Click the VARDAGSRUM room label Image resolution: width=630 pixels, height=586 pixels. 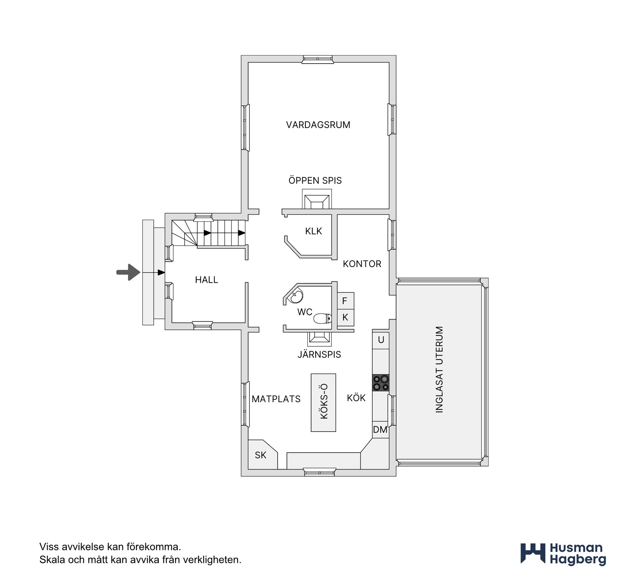318,125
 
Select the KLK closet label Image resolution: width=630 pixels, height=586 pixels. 313,231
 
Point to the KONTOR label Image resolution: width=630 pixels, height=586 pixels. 362,264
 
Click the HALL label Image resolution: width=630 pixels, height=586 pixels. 206,280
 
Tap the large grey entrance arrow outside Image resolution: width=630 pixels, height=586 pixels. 128,272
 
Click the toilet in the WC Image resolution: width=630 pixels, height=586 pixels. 323,318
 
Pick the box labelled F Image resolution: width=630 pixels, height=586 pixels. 346,300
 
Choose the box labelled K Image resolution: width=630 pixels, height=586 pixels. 346,317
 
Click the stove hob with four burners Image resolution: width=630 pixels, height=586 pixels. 381,383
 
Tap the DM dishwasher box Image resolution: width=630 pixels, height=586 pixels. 381,430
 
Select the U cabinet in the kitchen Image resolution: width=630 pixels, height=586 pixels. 381,339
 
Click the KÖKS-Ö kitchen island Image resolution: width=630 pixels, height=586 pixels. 324,403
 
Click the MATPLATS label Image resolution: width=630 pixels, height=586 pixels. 276,399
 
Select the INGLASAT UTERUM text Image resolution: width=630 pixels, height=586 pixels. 439,369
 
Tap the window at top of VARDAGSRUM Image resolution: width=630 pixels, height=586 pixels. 318,59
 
